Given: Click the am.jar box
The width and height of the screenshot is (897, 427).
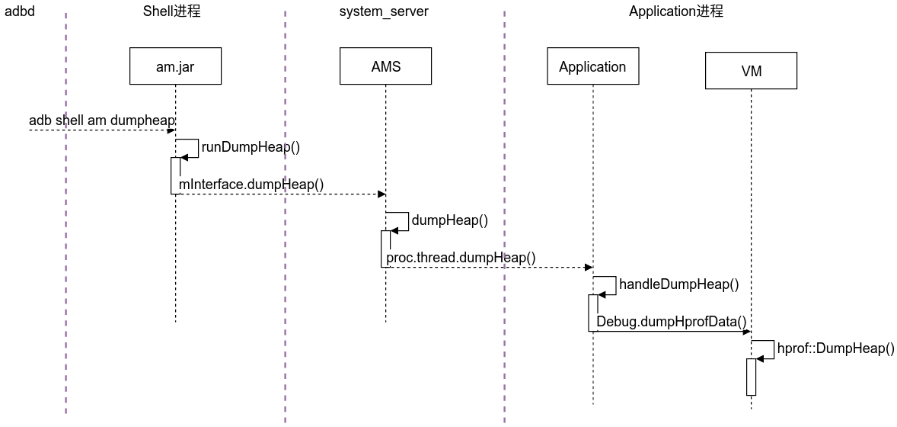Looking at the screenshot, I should (175, 66).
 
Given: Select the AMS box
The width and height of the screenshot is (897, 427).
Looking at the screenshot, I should (385, 66).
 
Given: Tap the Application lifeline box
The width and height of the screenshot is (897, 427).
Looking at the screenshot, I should (592, 66).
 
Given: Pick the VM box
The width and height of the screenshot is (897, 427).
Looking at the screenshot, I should (751, 71).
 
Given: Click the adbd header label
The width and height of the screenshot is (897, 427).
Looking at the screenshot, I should (20, 11).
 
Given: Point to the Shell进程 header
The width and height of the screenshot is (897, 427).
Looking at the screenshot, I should (172, 11).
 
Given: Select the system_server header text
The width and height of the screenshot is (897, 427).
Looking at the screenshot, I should (384, 11).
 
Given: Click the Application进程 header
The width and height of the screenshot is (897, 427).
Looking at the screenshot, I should (675, 11).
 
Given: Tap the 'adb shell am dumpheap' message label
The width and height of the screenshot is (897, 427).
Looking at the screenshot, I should (102, 120).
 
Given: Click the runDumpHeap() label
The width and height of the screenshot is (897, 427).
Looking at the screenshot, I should (251, 147).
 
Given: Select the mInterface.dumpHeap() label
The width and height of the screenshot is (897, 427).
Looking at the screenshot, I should (251, 184).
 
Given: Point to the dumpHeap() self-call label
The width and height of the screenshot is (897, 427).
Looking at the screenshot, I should (449, 220).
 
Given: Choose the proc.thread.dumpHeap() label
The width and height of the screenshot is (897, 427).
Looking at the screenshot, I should (461, 257).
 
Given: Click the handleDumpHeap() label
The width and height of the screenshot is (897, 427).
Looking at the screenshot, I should (678, 284).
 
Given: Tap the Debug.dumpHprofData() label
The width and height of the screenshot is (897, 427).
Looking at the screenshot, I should (671, 321).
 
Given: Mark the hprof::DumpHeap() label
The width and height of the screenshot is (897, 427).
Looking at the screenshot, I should (835, 348).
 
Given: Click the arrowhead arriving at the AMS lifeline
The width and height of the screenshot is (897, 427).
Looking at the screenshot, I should (381, 194).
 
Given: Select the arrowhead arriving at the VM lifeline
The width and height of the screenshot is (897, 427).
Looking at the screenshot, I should (747, 331).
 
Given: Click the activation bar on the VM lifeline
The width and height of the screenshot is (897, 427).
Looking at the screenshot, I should (751, 377).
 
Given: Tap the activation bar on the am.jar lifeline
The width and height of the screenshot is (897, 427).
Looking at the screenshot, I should (175, 175).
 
